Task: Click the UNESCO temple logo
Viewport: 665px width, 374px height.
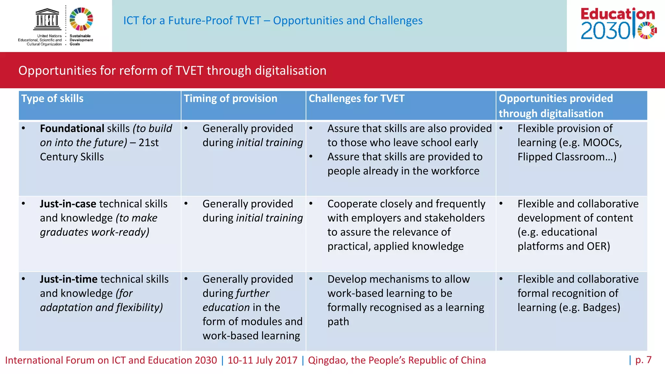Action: click(47, 20)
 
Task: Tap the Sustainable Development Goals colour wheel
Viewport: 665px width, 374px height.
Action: click(81, 19)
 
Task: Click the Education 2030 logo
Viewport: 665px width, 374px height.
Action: click(618, 24)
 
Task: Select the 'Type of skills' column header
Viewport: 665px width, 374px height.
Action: click(52, 98)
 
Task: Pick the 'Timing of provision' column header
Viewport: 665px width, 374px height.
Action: click(231, 98)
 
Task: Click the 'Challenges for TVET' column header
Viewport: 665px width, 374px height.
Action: click(357, 98)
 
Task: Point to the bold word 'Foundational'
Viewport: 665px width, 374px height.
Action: click(72, 129)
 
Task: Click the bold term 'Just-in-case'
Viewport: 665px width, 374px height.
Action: click(68, 204)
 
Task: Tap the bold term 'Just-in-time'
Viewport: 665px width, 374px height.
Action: click(69, 279)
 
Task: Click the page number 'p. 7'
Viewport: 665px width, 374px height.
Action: click(643, 360)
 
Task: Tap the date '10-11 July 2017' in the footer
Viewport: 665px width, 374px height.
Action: click(262, 360)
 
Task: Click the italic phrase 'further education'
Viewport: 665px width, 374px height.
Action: click(236, 300)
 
